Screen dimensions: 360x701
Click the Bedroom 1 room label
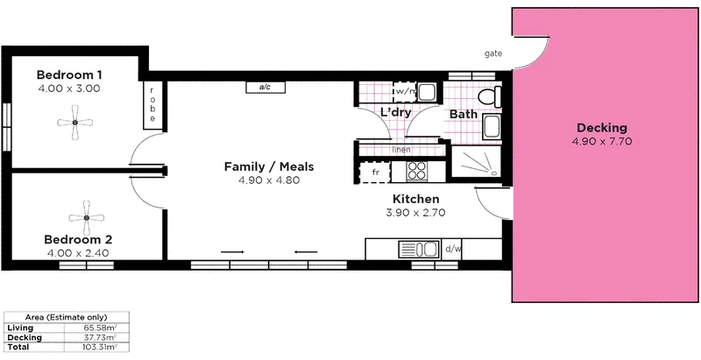coord(70,74)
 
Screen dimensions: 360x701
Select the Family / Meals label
coord(269,166)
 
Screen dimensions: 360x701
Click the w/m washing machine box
coord(405,91)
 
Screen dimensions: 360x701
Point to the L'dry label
coord(396,112)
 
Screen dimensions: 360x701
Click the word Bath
coord(463,114)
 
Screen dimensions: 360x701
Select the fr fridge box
coord(376,173)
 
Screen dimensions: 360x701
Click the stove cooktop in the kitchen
coord(414,170)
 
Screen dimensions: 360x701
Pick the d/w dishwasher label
coord(452,249)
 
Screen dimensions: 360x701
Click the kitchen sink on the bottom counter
coord(428,250)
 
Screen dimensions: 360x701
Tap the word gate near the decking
coord(492,53)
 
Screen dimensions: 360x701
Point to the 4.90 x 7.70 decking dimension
coord(602,141)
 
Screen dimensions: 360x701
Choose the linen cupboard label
coord(402,150)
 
